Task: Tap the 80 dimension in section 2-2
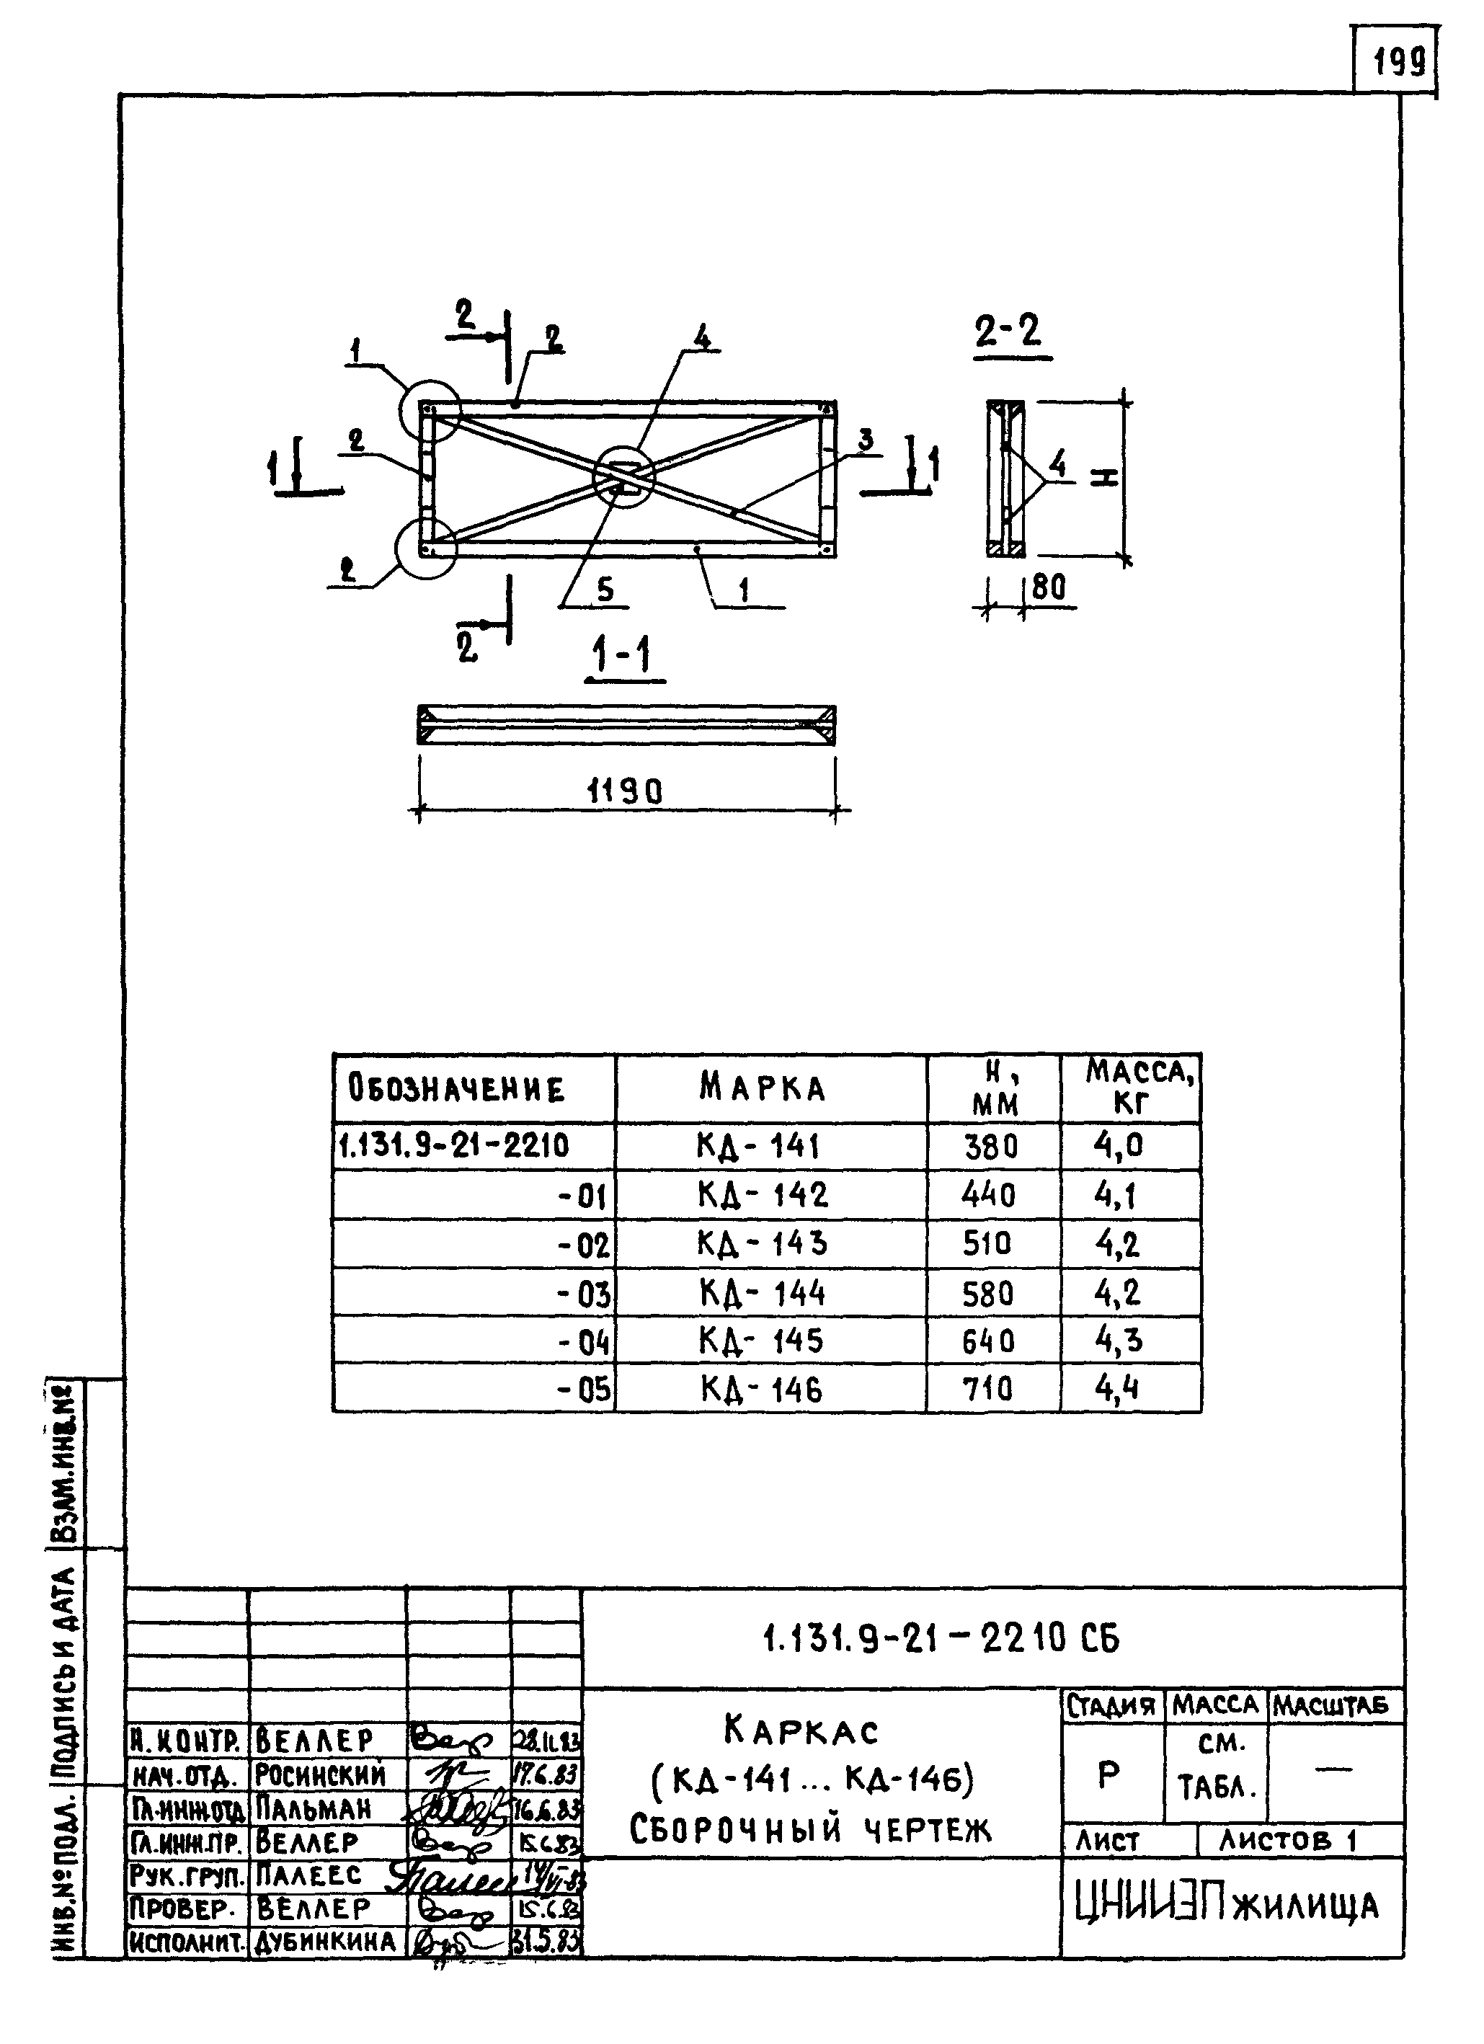pos(1049,587)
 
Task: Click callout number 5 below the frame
pos(605,590)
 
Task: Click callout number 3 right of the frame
pos(866,440)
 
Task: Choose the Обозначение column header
pos(456,1089)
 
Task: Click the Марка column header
pos(763,1089)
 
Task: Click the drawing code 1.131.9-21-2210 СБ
pos(941,1638)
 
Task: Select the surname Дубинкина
pos(325,1941)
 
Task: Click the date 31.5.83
pos(546,1941)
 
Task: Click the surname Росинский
pos(321,1775)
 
